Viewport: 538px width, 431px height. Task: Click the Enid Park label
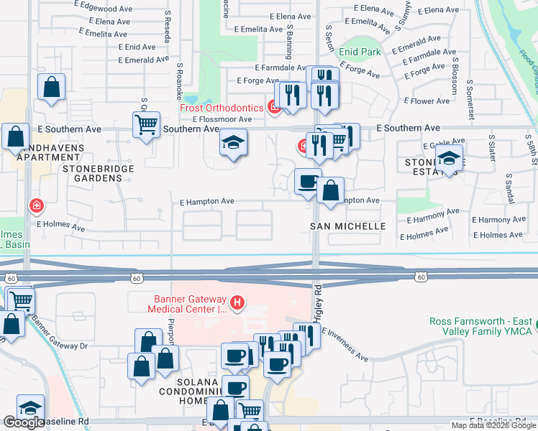pyautogui.click(x=360, y=52)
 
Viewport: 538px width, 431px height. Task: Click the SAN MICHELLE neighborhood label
pyautogui.click(x=348, y=226)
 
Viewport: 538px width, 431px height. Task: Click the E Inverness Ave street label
pyautogui.click(x=345, y=346)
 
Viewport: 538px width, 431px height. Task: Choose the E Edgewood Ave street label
pyautogui.click(x=104, y=4)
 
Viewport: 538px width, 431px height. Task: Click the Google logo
pyautogui.click(x=24, y=422)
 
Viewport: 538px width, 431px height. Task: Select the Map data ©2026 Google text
pyautogui.click(x=493, y=425)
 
